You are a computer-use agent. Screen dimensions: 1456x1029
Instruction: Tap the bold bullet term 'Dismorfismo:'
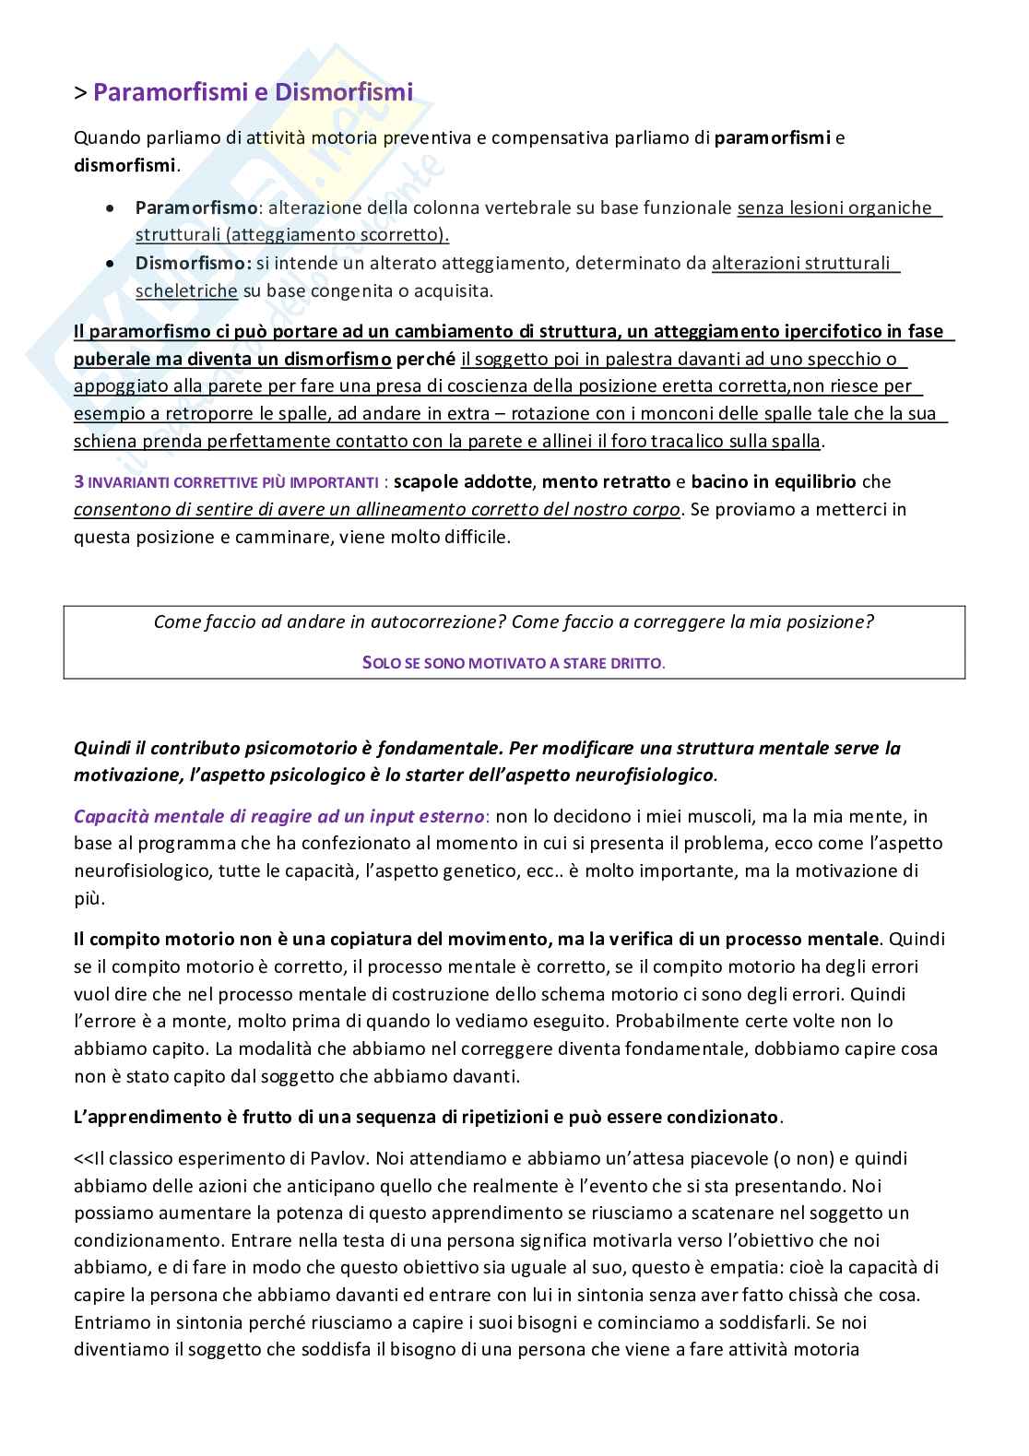193,264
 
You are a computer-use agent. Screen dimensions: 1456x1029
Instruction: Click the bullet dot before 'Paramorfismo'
112,209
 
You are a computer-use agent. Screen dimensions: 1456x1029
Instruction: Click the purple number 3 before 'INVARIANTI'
78,482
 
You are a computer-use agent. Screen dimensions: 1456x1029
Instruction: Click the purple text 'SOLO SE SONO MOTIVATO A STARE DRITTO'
514,663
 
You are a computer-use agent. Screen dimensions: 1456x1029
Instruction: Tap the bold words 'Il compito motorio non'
166,940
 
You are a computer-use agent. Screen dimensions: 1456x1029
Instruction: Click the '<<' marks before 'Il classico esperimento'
84,1158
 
